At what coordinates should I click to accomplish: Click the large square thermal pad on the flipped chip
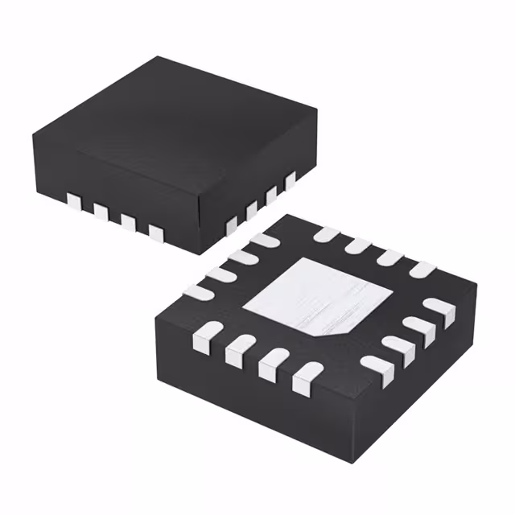tap(309, 297)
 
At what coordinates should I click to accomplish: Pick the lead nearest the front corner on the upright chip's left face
tap(156, 233)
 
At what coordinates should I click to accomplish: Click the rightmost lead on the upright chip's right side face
tap(290, 181)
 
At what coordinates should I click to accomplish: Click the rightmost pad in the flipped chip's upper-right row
tap(420, 270)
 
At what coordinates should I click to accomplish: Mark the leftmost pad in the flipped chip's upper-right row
tap(326, 234)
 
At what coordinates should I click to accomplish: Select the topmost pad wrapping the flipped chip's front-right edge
tap(439, 308)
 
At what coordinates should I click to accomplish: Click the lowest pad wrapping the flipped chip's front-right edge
tap(375, 366)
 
